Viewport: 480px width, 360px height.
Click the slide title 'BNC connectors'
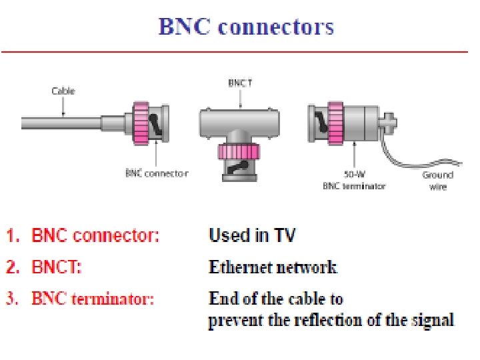coord(246,27)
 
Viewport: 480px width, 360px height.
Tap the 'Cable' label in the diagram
coord(63,91)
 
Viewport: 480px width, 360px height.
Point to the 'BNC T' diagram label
coord(241,83)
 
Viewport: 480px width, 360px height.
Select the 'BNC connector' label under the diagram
coord(157,173)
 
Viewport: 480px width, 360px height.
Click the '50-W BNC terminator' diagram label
coord(353,181)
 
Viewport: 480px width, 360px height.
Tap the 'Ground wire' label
coord(437,181)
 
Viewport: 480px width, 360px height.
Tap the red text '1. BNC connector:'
coord(83,235)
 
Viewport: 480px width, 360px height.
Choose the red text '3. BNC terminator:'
coord(81,299)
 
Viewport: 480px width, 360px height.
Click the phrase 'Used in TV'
coord(252,235)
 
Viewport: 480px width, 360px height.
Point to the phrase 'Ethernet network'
coord(273,267)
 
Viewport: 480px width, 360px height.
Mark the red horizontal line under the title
coord(240,51)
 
